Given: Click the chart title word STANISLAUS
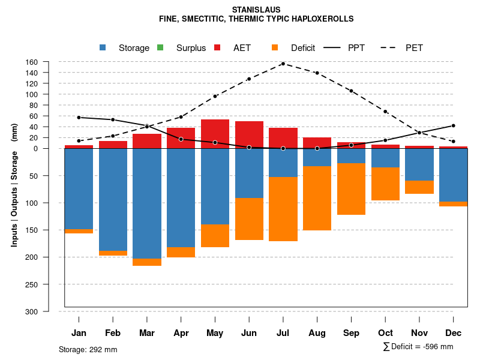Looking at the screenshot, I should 256,10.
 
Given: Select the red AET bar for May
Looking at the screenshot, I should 215,133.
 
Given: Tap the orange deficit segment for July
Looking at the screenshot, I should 283,209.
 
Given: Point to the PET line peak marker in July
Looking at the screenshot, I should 283,64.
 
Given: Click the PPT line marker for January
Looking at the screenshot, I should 79,118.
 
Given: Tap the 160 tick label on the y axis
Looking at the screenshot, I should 49,62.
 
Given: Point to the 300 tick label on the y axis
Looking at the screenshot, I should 49,311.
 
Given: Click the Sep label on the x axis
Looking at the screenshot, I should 352,333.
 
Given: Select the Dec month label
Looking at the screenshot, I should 454,333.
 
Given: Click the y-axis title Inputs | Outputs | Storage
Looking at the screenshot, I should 14,185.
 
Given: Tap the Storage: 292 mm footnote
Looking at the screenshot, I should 88,349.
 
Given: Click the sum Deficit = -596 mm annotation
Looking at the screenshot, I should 418,346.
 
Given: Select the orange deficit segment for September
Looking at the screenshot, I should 352,188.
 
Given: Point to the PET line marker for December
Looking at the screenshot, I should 454,142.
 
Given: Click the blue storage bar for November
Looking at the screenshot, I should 419,164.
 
